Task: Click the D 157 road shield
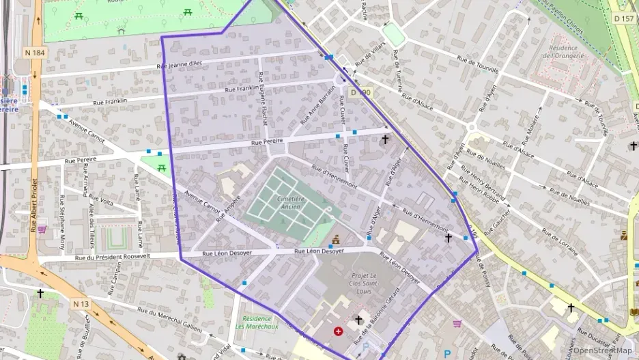pos(623,18)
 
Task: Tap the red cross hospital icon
pos(338,331)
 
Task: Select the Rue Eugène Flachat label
pos(262,102)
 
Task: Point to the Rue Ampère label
pos(229,210)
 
